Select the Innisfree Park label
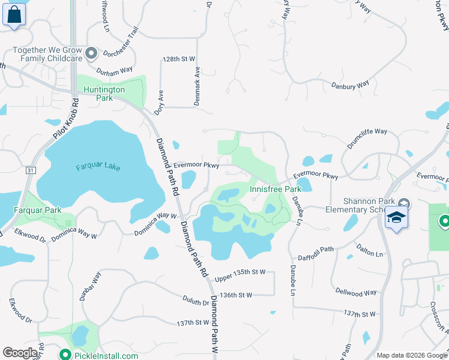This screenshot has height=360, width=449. pos(274,189)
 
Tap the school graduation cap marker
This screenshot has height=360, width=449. pos(396,217)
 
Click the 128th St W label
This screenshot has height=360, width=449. pos(179,59)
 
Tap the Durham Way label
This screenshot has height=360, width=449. pos(115,70)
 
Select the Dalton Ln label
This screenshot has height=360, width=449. pos(370,254)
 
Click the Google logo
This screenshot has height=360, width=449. pos(20,353)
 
